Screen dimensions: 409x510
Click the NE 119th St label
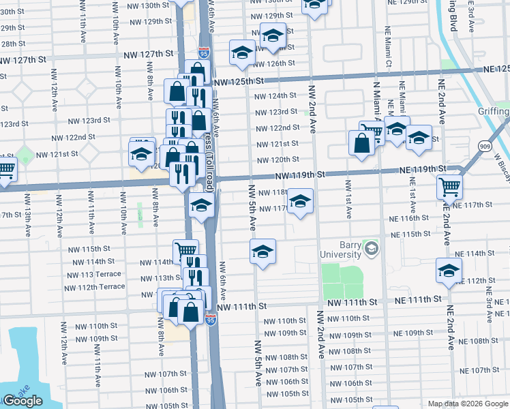pyautogui.click(x=422, y=168)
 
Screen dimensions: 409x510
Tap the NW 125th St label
pyautogui.click(x=239, y=82)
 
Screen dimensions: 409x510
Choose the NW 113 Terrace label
pyautogui.click(x=94, y=274)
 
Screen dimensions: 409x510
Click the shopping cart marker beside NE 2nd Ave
pyautogui.click(x=449, y=186)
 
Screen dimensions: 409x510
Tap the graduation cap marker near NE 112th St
pyautogui.click(x=449, y=271)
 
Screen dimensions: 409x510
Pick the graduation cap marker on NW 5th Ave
pyautogui.click(x=262, y=251)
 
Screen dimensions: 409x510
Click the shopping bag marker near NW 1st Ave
pyautogui.click(x=361, y=142)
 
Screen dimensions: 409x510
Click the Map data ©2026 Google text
pyautogui.click(x=468, y=404)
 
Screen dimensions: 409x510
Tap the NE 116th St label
pyautogui.click(x=409, y=218)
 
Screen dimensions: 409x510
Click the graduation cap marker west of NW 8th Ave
pyautogui.click(x=142, y=153)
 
